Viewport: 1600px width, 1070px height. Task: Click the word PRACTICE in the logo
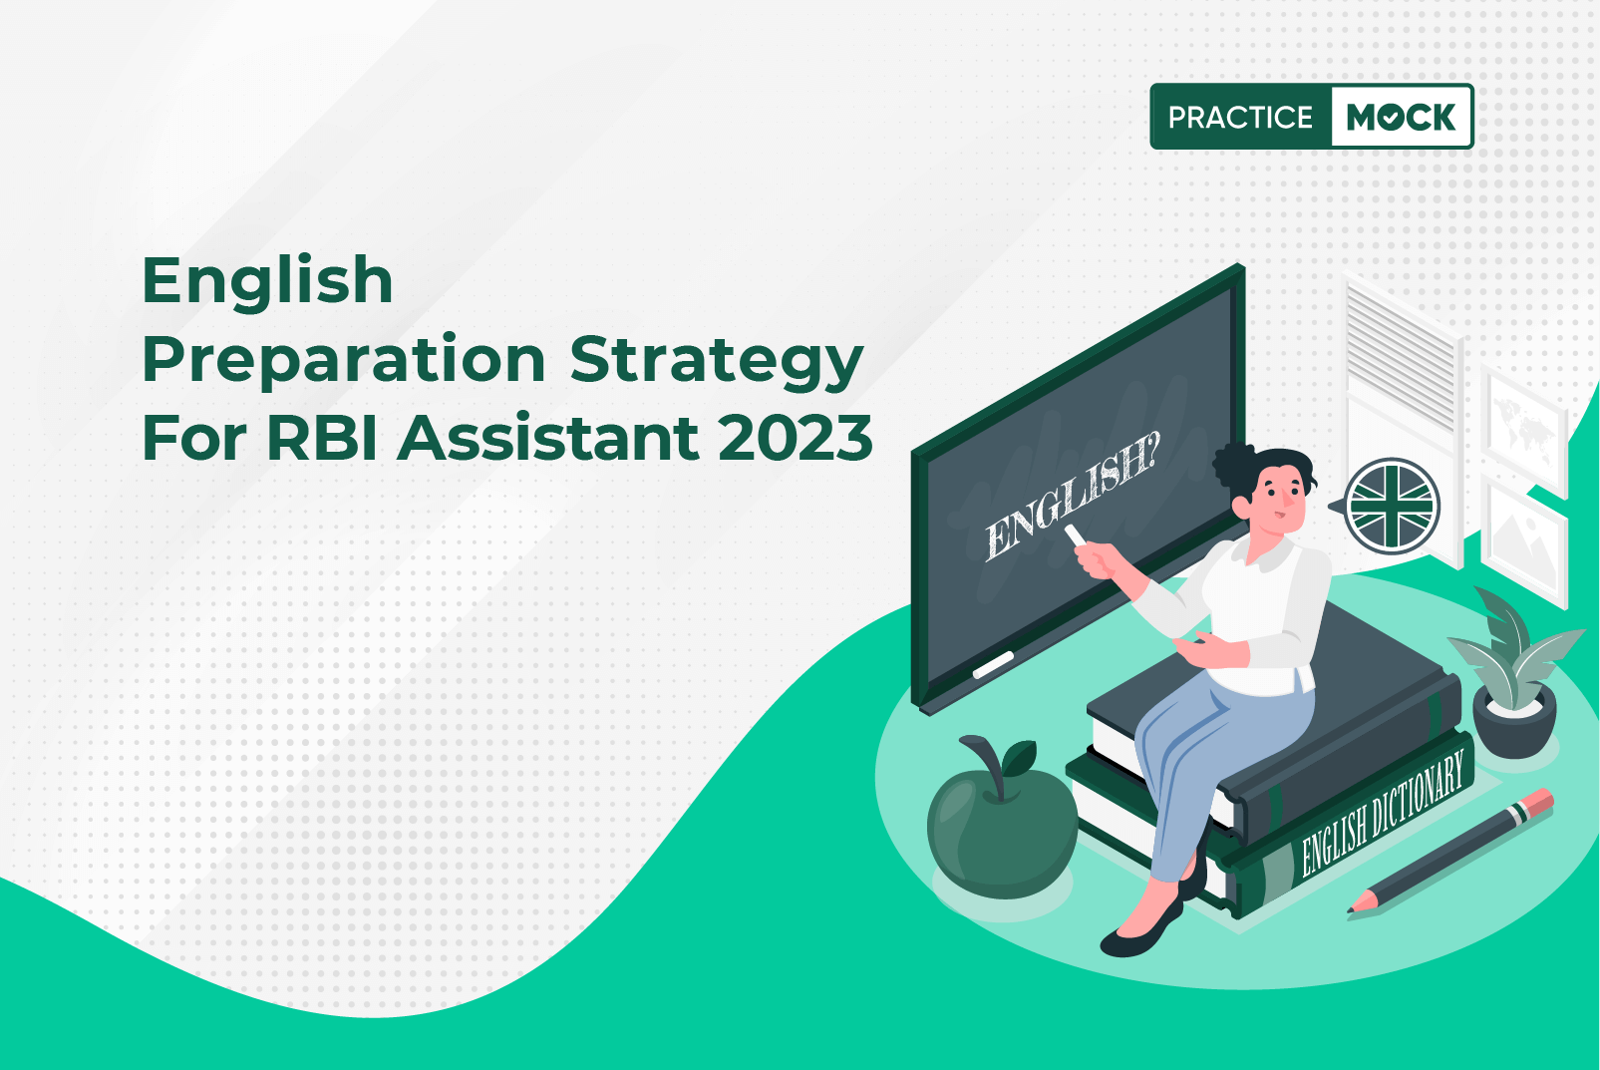pyautogui.click(x=1240, y=117)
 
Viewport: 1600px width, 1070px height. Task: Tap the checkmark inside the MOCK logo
pyautogui.click(x=1392, y=118)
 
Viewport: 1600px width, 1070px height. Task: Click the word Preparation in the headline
pyautogui.click(x=344, y=361)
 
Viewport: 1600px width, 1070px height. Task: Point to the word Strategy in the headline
pyautogui.click(x=717, y=361)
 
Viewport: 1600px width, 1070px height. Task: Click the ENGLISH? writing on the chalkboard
pyautogui.click(x=1072, y=498)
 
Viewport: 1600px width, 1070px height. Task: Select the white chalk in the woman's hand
pyautogui.click(x=1075, y=535)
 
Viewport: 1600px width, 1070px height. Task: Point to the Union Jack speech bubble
pyautogui.click(x=1390, y=507)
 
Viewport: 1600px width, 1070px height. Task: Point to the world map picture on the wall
pyautogui.click(x=1524, y=424)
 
